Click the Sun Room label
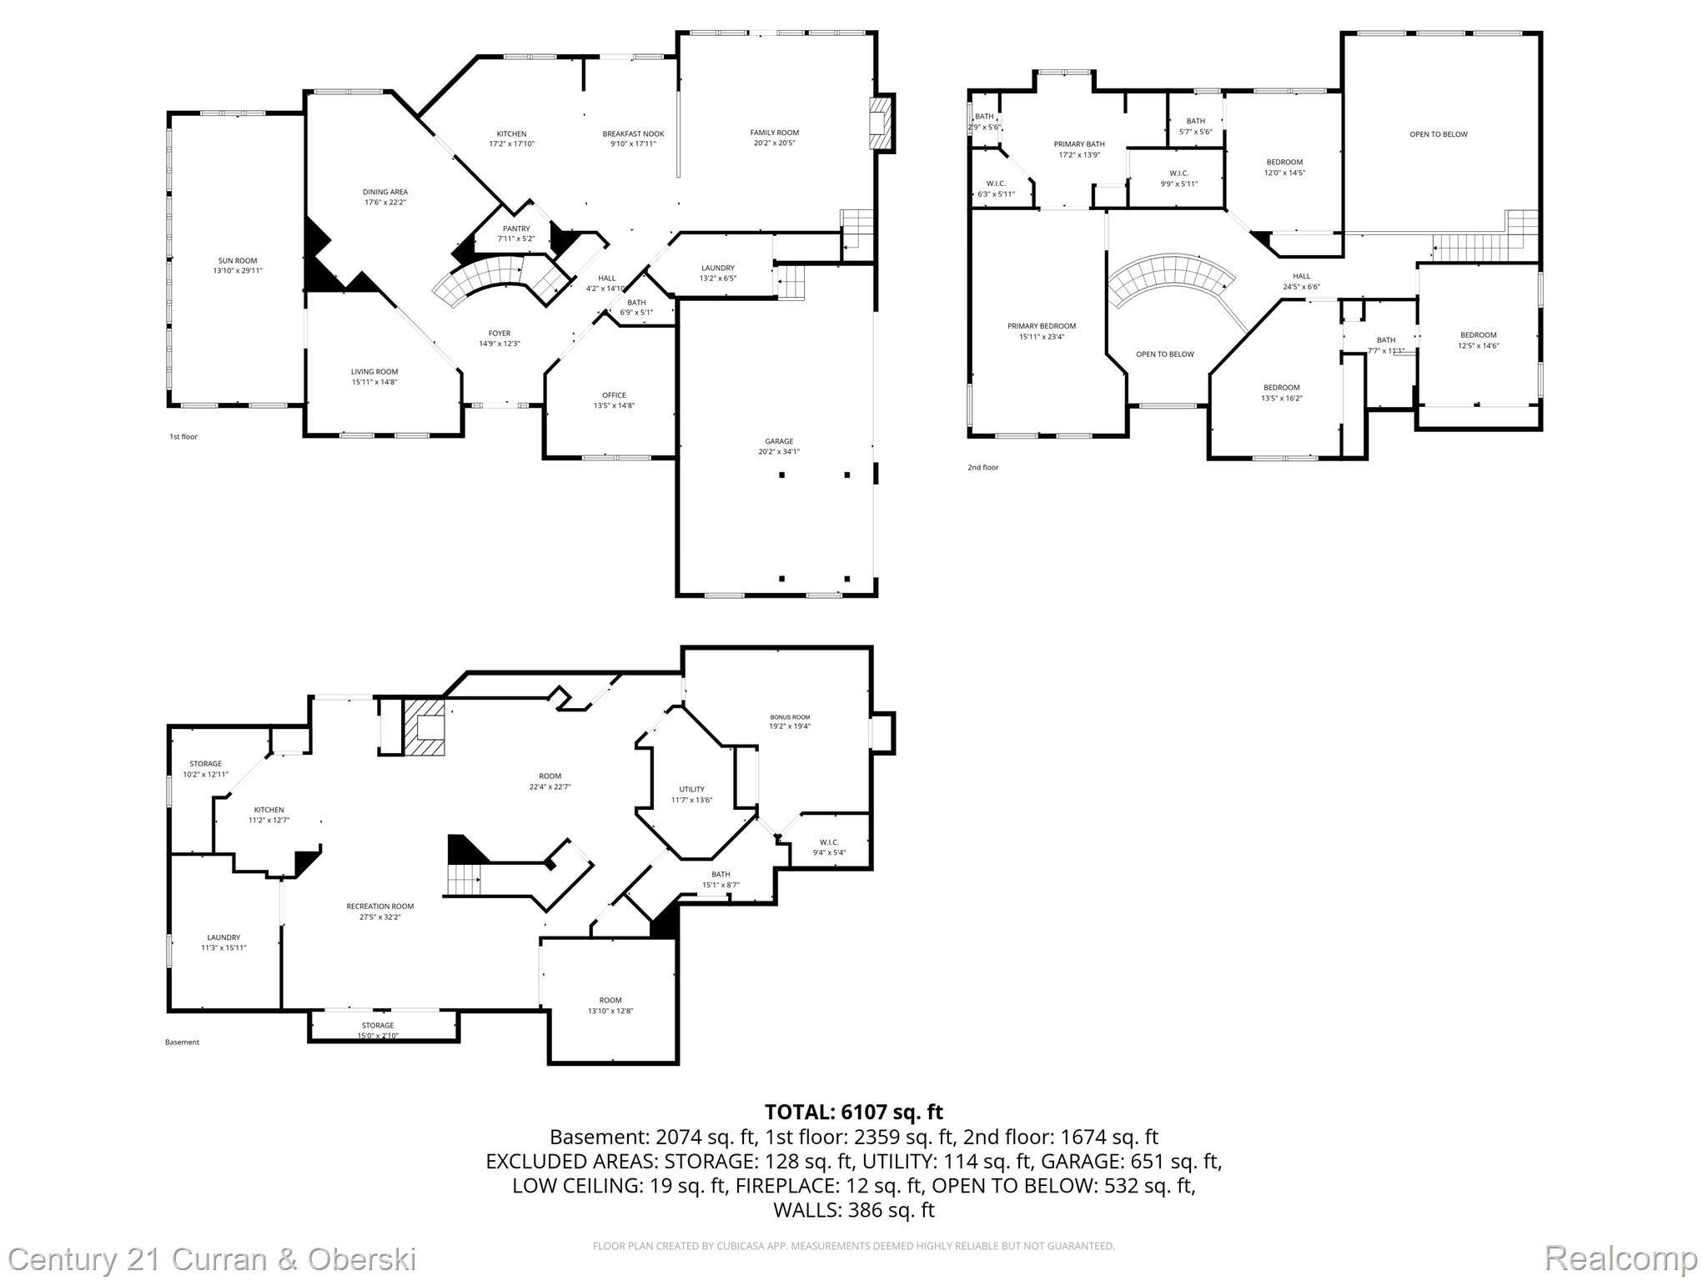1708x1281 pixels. (x=238, y=261)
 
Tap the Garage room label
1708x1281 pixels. (x=779, y=441)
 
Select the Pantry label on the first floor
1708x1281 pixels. (x=516, y=229)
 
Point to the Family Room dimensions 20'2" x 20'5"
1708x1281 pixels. (x=774, y=143)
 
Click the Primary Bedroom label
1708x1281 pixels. (x=1042, y=326)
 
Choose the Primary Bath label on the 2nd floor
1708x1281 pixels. (x=1079, y=144)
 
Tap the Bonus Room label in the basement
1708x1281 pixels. (x=789, y=717)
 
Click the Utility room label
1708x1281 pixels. (x=691, y=789)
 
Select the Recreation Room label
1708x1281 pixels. (x=380, y=907)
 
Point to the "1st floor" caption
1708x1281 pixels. (x=183, y=437)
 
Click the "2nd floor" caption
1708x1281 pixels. (x=982, y=468)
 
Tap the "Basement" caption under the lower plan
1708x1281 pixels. (x=182, y=1042)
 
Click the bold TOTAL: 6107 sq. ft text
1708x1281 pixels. (x=853, y=1112)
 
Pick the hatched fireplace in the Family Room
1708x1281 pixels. (x=879, y=123)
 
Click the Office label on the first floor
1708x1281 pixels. (x=614, y=395)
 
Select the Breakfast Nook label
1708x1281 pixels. (x=633, y=134)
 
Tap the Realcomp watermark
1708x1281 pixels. (x=1620, y=1258)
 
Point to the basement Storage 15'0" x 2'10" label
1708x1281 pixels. (x=378, y=1031)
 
